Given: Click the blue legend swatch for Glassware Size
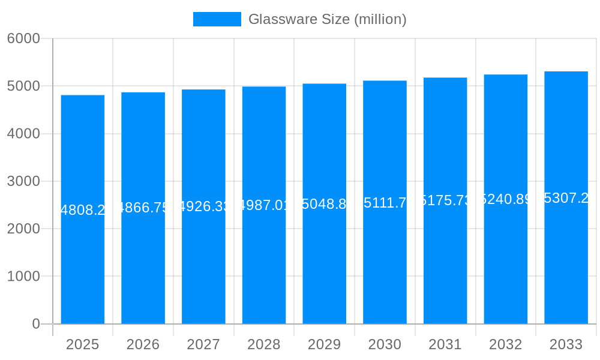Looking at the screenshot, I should tap(217, 19).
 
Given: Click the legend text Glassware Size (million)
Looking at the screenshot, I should tap(327, 19).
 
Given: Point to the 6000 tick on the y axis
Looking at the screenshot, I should tap(23, 38).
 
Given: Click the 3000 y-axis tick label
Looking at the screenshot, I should tap(23, 181).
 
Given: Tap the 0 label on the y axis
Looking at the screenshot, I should tap(35, 324).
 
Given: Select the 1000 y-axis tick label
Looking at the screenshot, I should tap(23, 277).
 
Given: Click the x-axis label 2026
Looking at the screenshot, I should tap(143, 344).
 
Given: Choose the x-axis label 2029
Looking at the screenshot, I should tap(324, 344).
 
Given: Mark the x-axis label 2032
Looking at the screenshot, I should tap(505, 344).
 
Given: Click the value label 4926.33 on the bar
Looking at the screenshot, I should tap(203, 206).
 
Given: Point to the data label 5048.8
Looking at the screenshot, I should tap(324, 204).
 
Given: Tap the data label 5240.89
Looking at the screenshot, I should tap(505, 199).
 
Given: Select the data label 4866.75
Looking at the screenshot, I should tap(143, 208).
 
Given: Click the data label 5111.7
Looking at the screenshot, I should tap(385, 202).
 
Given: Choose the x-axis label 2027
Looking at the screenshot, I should tap(203, 344).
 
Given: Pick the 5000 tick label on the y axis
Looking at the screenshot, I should tap(23, 86).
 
